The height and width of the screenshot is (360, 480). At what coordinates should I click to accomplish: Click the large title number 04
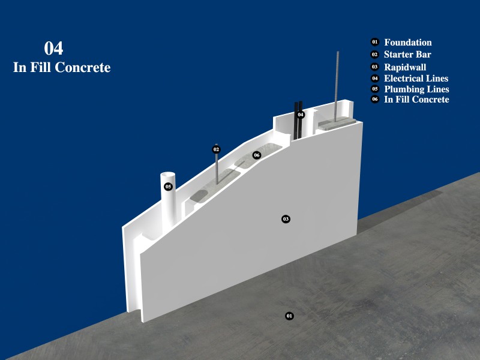point(53,49)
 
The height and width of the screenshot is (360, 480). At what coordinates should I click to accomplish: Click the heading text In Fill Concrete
point(62,68)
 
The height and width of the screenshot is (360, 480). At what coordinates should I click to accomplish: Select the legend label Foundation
point(408,43)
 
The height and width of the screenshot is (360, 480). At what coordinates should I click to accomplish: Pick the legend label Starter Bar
point(407,55)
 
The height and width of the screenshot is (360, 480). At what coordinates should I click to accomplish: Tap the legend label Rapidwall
point(405,67)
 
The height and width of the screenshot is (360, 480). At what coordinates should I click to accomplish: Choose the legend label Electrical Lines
point(416,79)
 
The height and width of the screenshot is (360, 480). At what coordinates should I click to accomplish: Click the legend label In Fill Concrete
point(416,100)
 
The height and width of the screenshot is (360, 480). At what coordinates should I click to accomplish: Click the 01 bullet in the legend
point(375,42)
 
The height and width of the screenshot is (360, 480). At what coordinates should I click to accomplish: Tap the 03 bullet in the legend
point(375,67)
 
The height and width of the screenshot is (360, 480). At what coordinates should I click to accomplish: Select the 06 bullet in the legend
point(375,100)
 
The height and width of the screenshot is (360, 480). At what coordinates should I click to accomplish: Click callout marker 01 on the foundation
point(289,316)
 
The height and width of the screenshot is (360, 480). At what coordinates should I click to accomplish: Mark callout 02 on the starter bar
point(217,149)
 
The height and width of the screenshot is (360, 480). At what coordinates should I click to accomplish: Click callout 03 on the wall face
point(286,218)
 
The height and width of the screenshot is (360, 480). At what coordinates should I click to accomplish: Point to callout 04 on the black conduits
point(301,115)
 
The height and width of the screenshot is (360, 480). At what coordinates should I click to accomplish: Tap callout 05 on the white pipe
point(169,187)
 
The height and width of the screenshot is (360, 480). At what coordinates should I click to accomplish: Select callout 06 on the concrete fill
point(257,155)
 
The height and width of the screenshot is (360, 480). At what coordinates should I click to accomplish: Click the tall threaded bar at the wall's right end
point(338,84)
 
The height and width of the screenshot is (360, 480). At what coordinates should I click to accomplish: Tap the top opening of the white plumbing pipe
point(168,176)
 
